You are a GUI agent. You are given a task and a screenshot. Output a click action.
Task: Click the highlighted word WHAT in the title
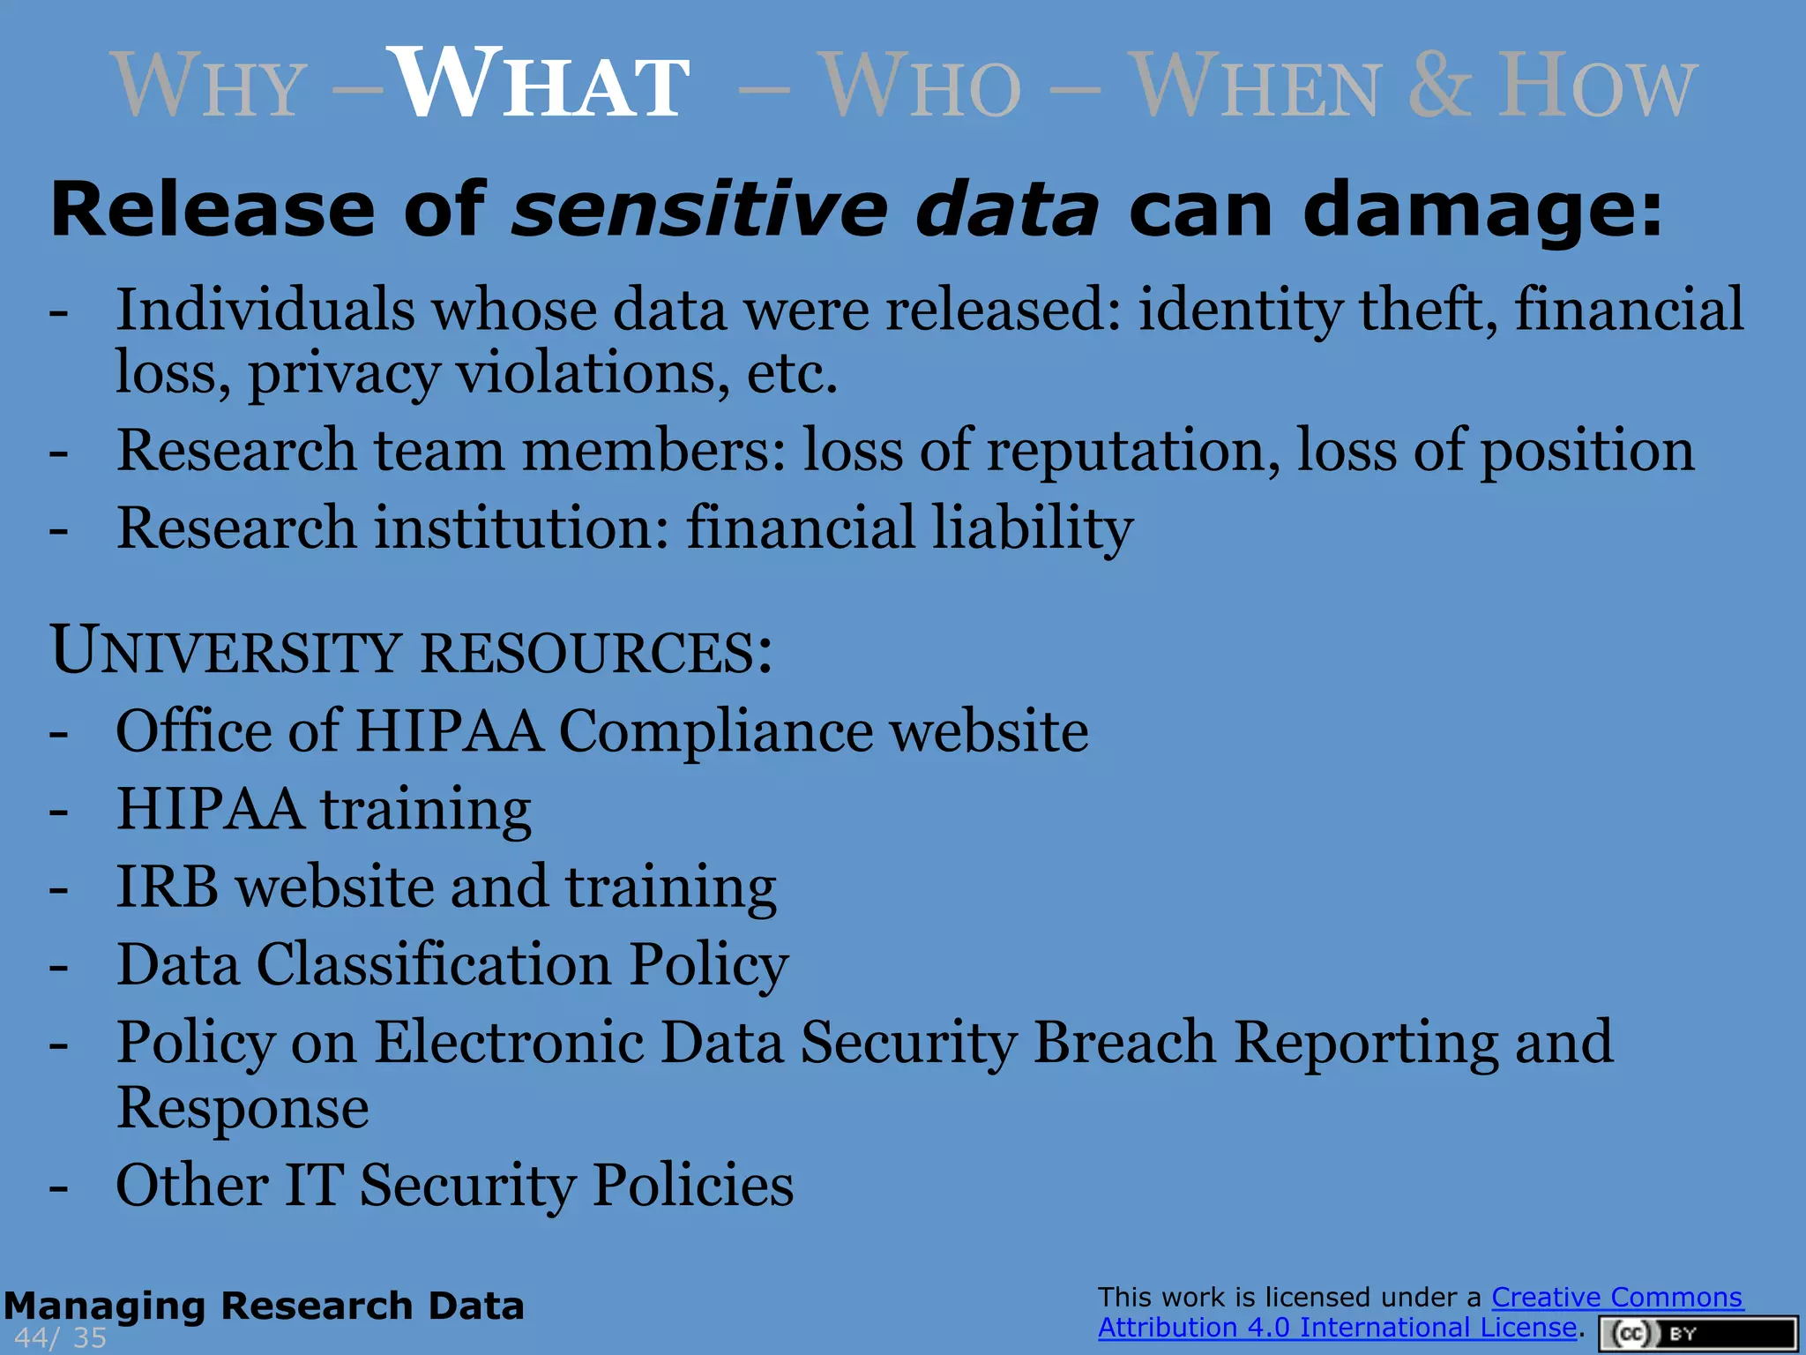540,86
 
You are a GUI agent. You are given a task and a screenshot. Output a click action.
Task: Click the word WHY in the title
209,87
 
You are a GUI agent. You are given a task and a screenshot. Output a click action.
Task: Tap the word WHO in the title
922,87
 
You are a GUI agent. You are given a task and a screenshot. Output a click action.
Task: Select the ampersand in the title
1439,86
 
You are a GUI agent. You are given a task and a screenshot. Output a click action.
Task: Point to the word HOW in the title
1597,86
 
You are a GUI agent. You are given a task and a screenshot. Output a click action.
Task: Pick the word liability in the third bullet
1033,528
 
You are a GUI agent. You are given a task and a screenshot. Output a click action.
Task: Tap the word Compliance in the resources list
715,731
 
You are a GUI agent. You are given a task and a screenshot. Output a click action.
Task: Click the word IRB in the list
168,887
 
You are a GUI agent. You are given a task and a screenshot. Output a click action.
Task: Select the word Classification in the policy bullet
434,964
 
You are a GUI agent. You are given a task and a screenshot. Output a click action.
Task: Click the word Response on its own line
243,1108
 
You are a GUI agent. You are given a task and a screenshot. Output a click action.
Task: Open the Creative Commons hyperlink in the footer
1616,1298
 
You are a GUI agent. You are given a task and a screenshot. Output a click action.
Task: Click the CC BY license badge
1697,1333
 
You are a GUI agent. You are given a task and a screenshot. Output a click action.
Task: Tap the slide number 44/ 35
60,1337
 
